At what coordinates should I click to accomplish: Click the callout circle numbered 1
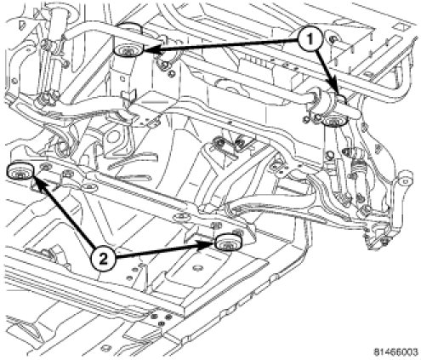(x=310, y=39)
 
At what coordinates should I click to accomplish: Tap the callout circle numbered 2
(x=103, y=258)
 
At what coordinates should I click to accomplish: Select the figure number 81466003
(x=395, y=352)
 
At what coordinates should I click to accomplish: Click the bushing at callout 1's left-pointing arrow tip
(x=128, y=50)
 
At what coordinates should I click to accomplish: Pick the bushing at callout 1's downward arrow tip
(x=334, y=121)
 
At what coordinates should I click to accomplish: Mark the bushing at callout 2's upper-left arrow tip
(x=20, y=171)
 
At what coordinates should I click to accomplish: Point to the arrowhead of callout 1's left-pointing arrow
(x=150, y=49)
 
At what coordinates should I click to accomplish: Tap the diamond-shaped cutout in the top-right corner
(x=402, y=27)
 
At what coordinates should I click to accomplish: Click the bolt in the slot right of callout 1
(x=333, y=39)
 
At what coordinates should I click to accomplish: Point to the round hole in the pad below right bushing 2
(x=197, y=267)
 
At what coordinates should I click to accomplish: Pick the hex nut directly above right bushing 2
(x=215, y=226)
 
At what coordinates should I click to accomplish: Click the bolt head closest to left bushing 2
(x=44, y=167)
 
